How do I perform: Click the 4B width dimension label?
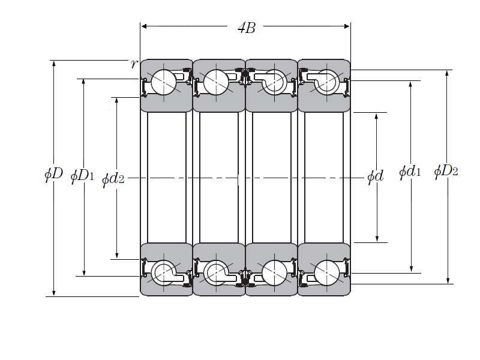(x=247, y=28)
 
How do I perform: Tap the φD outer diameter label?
(x=53, y=174)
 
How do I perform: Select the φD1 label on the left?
(x=82, y=176)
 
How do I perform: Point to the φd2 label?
(x=113, y=179)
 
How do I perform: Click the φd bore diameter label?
(x=376, y=176)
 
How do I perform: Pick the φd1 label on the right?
(x=410, y=172)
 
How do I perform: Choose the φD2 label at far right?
(x=446, y=171)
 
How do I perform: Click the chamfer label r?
(x=134, y=64)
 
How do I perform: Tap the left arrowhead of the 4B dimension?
(x=144, y=26)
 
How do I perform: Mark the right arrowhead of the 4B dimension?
(x=347, y=26)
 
